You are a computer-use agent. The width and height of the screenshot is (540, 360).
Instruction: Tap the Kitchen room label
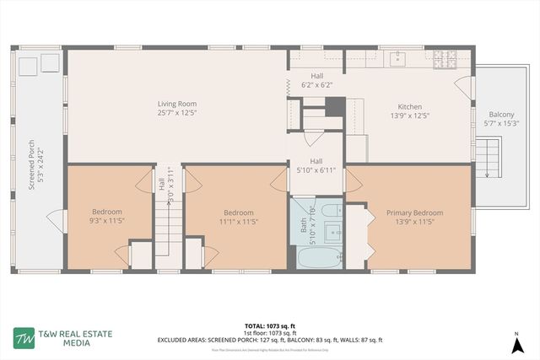click(x=409, y=112)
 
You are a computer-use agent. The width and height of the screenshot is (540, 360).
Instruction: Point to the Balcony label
click(x=501, y=119)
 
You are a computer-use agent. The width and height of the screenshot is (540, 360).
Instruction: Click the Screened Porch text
click(x=32, y=164)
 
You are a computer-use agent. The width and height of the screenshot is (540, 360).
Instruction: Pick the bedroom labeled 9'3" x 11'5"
click(x=107, y=217)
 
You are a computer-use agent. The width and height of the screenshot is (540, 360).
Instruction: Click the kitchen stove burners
click(x=444, y=60)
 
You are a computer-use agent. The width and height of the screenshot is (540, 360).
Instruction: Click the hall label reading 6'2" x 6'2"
click(x=316, y=81)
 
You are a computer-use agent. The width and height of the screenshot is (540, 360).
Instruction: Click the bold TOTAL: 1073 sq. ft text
click(x=269, y=325)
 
